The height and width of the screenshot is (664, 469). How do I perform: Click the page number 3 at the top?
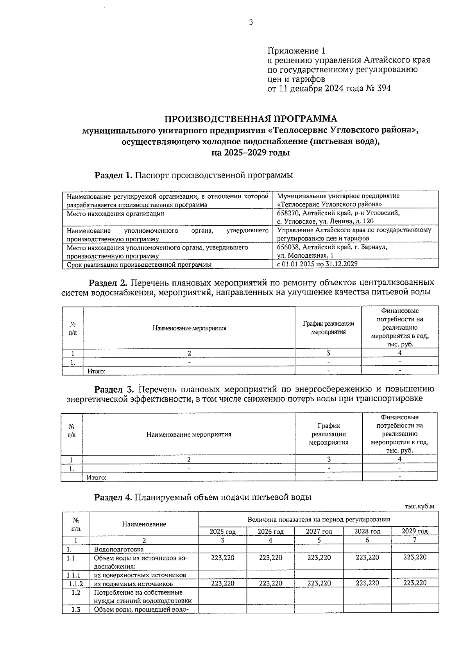tap(251, 22)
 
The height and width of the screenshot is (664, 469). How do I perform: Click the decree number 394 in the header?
tap(384, 88)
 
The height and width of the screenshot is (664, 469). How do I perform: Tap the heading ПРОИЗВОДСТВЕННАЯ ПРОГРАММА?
tap(251, 118)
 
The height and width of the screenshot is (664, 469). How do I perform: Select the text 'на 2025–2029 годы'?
tap(251, 153)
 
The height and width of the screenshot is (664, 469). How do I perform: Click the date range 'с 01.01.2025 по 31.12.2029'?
tap(317, 264)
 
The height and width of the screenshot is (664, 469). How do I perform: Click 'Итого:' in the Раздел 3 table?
tap(97, 477)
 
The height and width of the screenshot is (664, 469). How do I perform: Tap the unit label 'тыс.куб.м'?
tap(419, 506)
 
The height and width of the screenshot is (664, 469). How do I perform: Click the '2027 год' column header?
tap(319, 531)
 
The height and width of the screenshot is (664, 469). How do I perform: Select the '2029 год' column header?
tap(415, 531)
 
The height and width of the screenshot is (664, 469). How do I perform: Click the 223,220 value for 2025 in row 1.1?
tap(223, 558)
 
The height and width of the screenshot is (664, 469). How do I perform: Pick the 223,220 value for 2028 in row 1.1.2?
tap(367, 583)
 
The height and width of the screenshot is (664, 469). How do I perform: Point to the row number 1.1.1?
tap(76, 575)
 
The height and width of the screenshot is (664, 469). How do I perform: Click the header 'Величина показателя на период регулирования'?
tap(319, 520)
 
